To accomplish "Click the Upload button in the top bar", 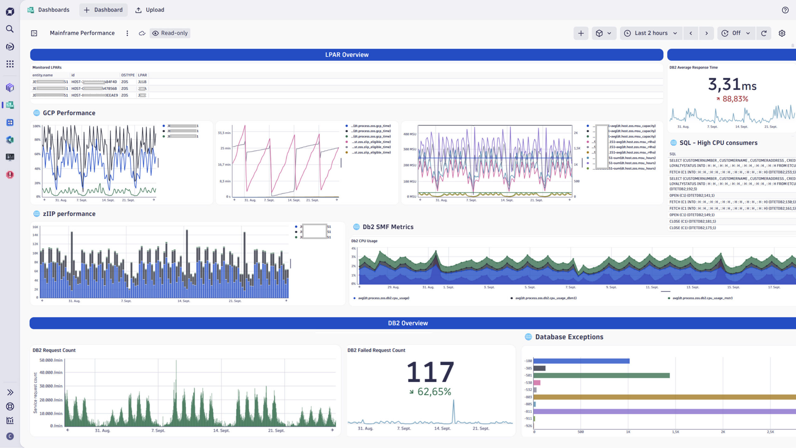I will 150,10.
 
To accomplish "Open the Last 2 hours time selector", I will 651,33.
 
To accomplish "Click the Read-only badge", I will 170,33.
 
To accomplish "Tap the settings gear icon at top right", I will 782,33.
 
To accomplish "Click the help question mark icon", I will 785,10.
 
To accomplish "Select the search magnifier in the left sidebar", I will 10,29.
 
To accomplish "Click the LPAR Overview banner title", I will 347,55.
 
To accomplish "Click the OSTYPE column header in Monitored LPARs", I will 128,75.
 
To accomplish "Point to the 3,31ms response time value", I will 732,84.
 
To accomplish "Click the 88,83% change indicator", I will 735,99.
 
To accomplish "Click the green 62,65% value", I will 434,391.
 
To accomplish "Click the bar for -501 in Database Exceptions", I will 601,376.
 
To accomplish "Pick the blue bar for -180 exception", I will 581,361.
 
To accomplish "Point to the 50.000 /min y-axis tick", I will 51,360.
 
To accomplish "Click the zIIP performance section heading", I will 69,214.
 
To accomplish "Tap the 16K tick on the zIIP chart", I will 35,227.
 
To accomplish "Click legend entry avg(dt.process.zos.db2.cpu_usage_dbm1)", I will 546,298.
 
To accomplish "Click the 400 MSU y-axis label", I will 410,134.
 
